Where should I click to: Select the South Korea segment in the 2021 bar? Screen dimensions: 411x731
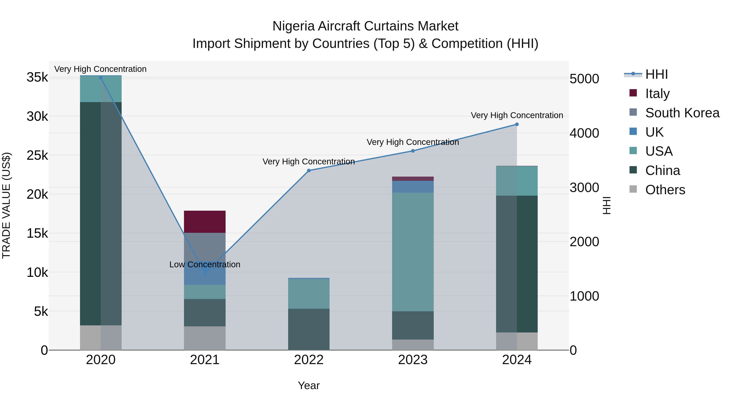(205, 247)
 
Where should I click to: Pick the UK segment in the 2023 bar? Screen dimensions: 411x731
(413, 187)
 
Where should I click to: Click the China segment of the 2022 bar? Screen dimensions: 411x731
(309, 329)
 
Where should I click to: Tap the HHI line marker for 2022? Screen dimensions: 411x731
(309, 170)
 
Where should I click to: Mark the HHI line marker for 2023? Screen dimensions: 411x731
(413, 151)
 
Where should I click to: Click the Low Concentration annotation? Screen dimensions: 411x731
(205, 264)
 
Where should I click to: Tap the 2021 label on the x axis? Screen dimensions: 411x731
(205, 360)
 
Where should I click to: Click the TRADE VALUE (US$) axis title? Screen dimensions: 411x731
(6, 205)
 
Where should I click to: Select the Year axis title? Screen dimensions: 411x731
(309, 385)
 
